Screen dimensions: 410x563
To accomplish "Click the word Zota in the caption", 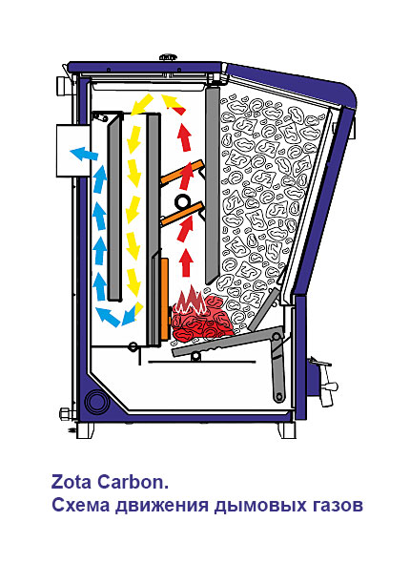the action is click(x=72, y=482).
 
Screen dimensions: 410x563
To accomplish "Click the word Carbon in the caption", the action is click(x=130, y=482).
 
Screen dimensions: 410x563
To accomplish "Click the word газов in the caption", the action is click(x=336, y=506).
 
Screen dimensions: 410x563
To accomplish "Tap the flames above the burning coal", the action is click(x=191, y=300).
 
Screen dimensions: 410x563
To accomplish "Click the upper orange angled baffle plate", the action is click(x=181, y=173).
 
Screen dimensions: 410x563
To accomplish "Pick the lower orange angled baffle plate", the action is click(x=181, y=215).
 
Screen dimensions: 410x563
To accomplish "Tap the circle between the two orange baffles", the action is click(x=183, y=201).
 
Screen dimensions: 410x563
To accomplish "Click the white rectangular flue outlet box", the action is click(x=73, y=151).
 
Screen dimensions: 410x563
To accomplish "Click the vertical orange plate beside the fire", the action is click(x=165, y=299).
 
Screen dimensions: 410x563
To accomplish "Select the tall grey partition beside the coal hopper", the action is click(x=213, y=184).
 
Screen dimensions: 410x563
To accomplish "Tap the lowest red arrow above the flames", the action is click(x=186, y=263).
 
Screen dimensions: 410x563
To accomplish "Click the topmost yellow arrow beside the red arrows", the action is click(x=142, y=103).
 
